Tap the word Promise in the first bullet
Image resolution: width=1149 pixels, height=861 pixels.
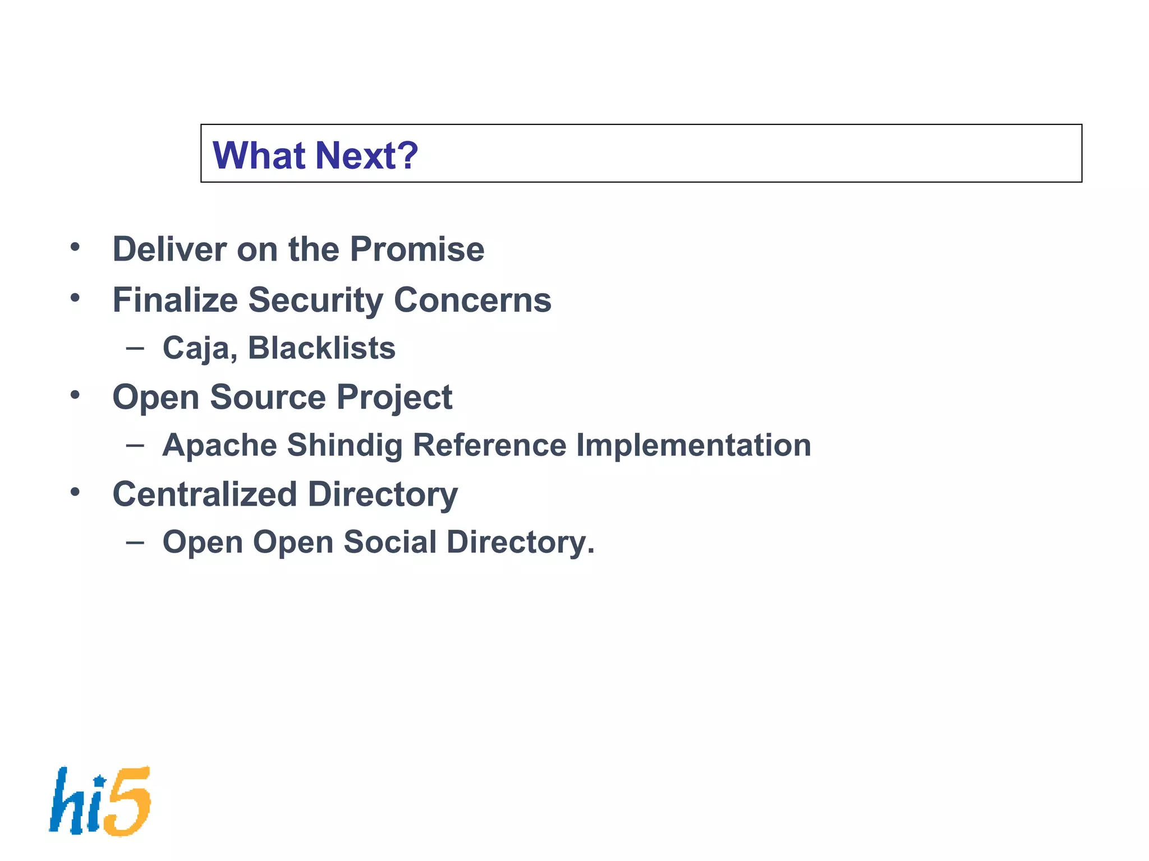tap(417, 249)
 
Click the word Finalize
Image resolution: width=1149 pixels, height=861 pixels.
tap(175, 300)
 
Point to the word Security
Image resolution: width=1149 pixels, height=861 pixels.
tap(315, 300)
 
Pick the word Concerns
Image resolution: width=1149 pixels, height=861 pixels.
tap(472, 300)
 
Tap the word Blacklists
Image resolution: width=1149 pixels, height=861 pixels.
tap(321, 348)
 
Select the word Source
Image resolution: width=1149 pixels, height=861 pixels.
tap(268, 397)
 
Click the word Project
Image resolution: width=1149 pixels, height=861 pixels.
tap(394, 398)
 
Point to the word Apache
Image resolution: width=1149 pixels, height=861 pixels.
tap(219, 445)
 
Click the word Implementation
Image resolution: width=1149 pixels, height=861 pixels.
tap(693, 445)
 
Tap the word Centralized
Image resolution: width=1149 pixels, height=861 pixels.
tap(205, 494)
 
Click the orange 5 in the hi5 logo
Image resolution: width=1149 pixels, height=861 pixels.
tap(128, 802)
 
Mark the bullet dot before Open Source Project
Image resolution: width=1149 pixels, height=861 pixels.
tap(75, 395)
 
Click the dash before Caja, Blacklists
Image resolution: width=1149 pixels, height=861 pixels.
tap(135, 348)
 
